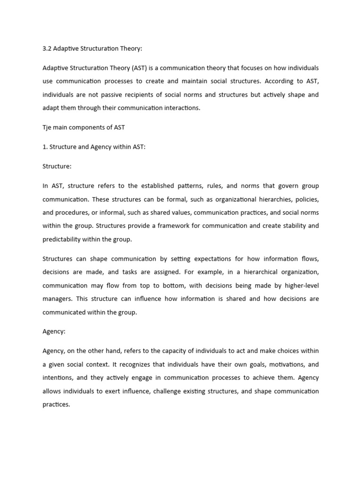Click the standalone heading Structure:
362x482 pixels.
pos(57,166)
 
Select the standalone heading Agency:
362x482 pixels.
pos(54,331)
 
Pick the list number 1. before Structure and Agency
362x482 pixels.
pos(45,147)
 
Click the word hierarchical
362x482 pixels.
pos(247,272)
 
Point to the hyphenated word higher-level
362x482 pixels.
pos(300,285)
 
